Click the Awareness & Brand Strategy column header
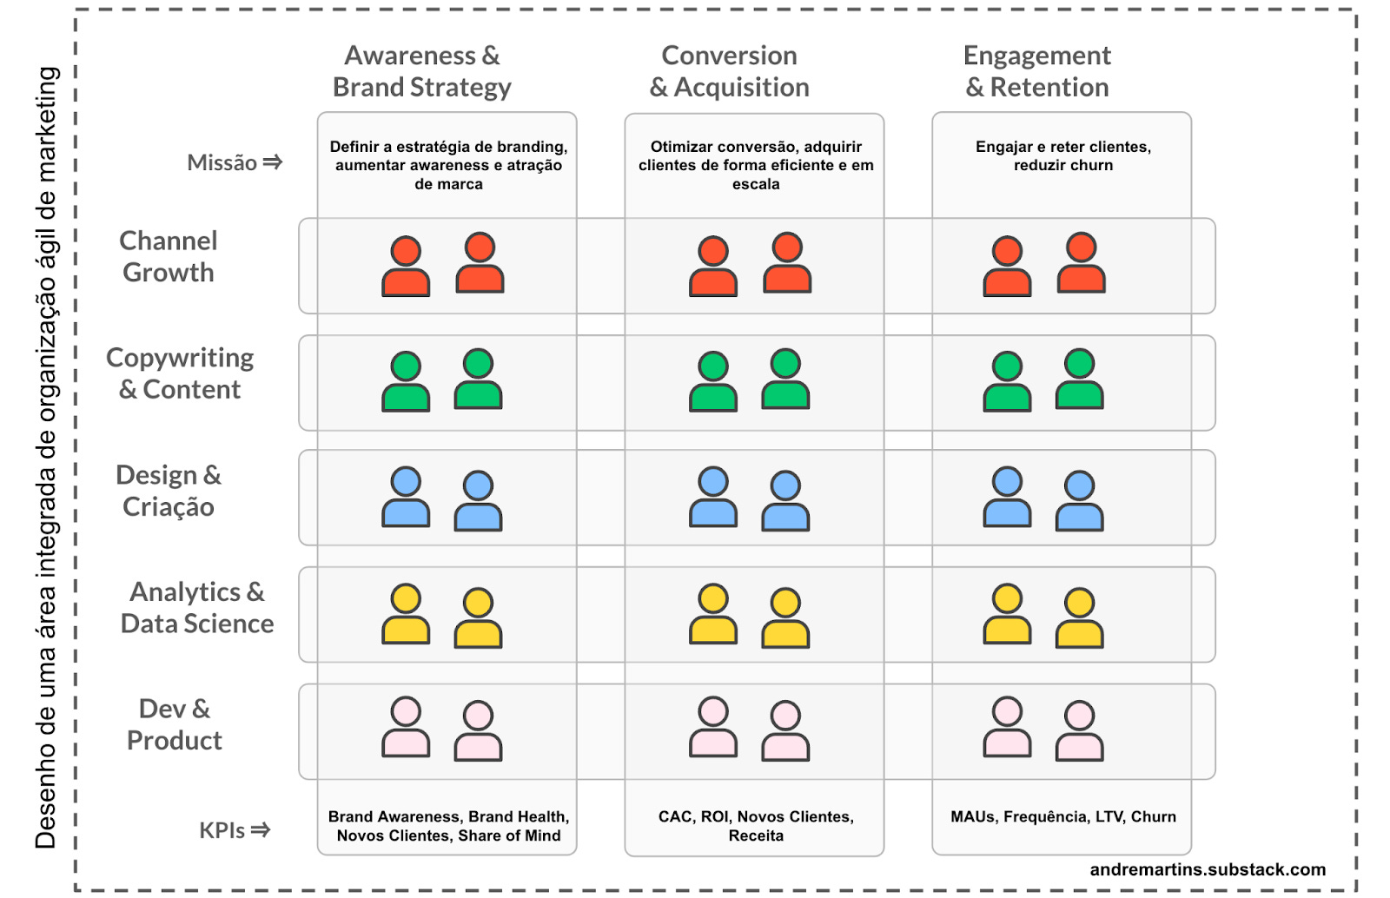421,71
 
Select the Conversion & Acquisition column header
729,71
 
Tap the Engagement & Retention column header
1037,71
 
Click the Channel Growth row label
169,256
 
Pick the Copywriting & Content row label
180,373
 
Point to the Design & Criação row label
169,491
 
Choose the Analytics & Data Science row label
197,608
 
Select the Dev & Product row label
175,724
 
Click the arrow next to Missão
273,162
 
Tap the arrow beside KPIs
260,830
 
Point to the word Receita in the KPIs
756,835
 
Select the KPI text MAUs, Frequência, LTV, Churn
1063,816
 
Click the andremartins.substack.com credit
1208,869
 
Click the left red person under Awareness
406,266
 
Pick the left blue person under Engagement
1007,497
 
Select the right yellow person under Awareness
478,617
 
